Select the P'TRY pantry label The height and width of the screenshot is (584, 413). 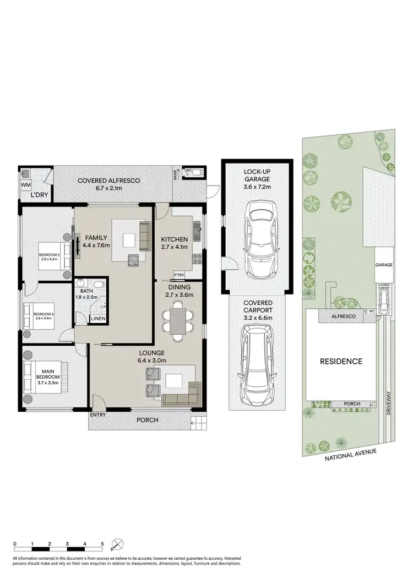(178, 275)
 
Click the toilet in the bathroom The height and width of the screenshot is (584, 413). (97, 285)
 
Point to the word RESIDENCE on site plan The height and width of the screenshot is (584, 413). (342, 362)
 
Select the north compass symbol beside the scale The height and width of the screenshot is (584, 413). (116, 546)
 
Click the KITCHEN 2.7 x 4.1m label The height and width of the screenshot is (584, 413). (174, 243)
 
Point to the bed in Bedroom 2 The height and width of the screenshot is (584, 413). (41, 315)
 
